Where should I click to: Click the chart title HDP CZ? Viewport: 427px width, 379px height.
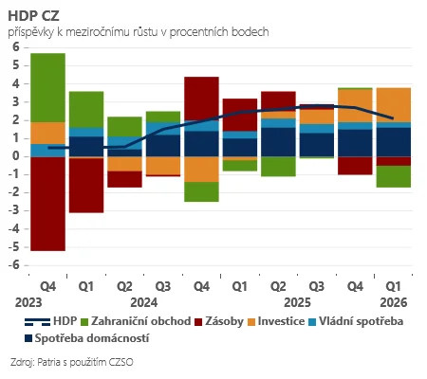tap(33, 16)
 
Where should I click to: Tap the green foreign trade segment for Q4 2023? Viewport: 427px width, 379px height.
tap(47, 88)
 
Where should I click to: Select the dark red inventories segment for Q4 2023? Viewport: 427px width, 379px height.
tap(47, 204)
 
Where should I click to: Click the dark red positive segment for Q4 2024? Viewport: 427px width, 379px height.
tap(201, 99)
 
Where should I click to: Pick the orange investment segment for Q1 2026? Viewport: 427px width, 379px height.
tap(394, 105)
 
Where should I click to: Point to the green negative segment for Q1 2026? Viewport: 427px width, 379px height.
tap(394, 176)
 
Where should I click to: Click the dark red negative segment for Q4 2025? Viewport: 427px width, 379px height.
tap(355, 166)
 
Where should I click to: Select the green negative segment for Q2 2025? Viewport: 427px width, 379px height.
tap(278, 167)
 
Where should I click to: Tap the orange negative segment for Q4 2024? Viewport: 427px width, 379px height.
tap(201, 170)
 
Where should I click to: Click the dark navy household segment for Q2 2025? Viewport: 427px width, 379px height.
tap(278, 142)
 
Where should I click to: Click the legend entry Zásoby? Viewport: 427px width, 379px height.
tap(219, 321)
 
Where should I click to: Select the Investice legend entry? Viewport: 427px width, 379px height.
tap(276, 321)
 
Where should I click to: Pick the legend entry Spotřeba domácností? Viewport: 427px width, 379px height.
tap(87, 338)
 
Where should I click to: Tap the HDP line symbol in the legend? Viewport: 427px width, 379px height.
tap(37, 322)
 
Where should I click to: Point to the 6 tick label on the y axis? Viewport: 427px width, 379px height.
tap(16, 47)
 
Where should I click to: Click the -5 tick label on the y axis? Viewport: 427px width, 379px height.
tap(14, 247)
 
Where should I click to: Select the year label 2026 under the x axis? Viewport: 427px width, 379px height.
tap(394, 302)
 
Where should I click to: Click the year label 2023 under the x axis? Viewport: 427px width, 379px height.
tap(28, 302)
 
